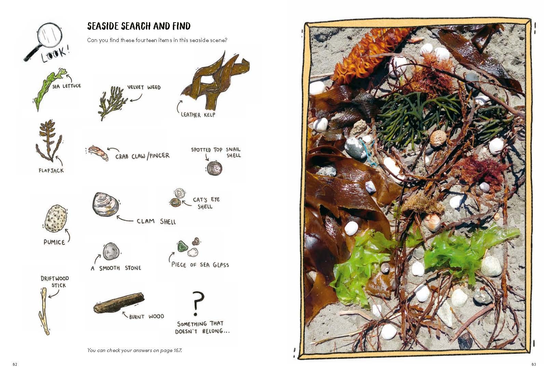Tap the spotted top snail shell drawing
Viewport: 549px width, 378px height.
tap(214, 168)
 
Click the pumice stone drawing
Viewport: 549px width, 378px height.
tap(55, 218)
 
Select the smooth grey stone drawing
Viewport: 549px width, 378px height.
tap(111, 252)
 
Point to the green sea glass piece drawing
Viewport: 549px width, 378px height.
tap(182, 246)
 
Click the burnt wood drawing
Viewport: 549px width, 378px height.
tap(119, 303)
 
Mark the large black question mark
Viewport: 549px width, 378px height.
tap(197, 303)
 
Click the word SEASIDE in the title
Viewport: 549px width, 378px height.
tap(103, 26)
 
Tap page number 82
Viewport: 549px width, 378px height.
tap(15, 364)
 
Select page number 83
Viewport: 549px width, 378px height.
tap(534, 364)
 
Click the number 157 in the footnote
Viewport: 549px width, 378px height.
tap(177, 350)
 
